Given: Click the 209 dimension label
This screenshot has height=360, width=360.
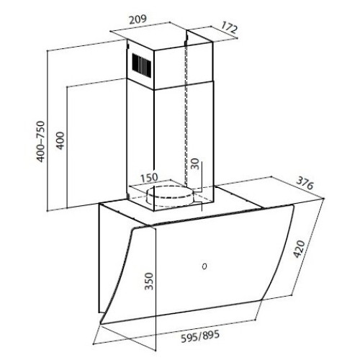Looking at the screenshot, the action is point(138,19).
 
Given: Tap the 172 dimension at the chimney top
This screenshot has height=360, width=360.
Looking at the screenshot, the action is point(229,27).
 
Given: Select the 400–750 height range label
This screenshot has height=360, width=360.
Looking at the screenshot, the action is point(41,142).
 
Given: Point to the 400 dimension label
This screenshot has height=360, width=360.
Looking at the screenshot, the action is point(60,140).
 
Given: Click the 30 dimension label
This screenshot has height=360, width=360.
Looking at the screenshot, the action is point(196,164).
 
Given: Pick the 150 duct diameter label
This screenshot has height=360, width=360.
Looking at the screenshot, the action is point(149,178).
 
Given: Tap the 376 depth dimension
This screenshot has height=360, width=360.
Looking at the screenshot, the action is point(305,183).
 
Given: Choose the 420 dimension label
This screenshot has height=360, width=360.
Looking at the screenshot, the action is point(300,249).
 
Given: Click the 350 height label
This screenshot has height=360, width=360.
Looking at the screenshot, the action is point(149,281).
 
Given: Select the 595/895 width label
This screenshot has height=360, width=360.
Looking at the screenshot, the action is point(200,336).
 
